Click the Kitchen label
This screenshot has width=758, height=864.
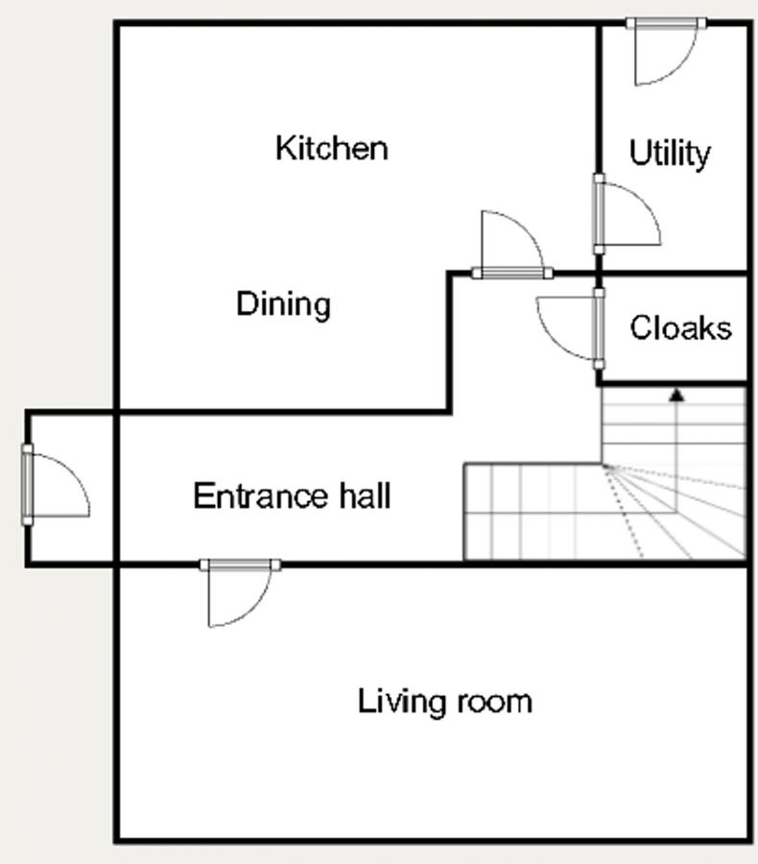pyautogui.click(x=332, y=148)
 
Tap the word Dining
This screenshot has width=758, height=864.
pyautogui.click(x=283, y=303)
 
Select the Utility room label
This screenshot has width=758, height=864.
pyautogui.click(x=670, y=153)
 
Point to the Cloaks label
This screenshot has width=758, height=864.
pyautogui.click(x=681, y=328)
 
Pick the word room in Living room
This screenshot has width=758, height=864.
pyautogui.click(x=494, y=703)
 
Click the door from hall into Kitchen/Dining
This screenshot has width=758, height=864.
pyautogui.click(x=512, y=244)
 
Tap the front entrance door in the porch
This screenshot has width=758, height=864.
pyautogui.click(x=56, y=485)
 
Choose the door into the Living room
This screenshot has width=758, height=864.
pyautogui.click(x=240, y=593)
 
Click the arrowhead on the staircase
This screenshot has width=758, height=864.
pyautogui.click(x=677, y=396)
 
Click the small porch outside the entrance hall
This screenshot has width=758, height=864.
pyautogui.click(x=70, y=489)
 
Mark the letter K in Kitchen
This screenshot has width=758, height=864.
pyautogui.click(x=285, y=148)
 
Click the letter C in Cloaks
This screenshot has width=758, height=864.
pyautogui.click(x=641, y=328)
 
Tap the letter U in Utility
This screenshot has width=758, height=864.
pyautogui.click(x=640, y=153)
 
